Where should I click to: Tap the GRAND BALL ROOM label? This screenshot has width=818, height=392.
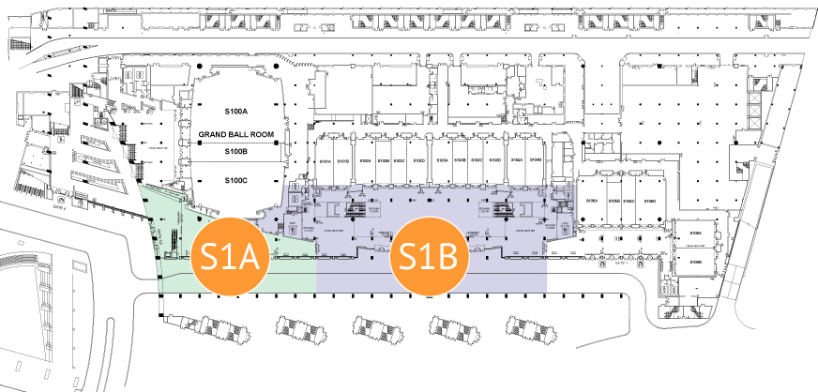(235, 135)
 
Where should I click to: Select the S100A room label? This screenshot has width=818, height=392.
(235, 113)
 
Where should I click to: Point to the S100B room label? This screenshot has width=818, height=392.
(235, 151)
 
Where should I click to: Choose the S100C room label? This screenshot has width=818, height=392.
(235, 179)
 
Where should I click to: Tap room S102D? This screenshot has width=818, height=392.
(416, 161)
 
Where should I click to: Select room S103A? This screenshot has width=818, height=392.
(444, 161)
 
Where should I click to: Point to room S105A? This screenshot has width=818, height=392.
(593, 201)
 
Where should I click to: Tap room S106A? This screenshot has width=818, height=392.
(696, 232)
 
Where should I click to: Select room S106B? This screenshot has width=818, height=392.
(696, 262)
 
